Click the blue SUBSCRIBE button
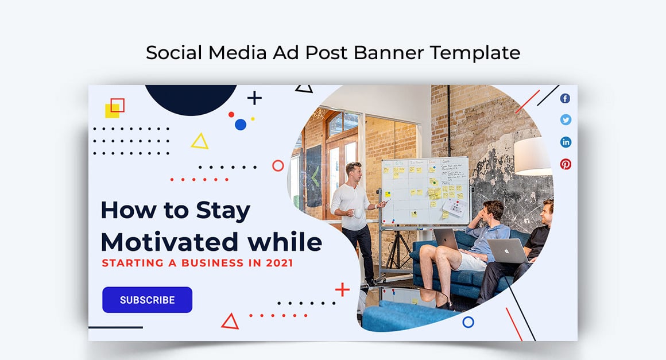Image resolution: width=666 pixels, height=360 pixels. coord(147,300)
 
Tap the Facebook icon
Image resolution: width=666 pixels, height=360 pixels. coord(566,98)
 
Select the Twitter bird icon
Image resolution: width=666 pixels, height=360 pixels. coord(566,120)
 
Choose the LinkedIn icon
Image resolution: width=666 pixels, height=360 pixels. coord(566,142)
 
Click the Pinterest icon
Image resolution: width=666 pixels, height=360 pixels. coord(566,164)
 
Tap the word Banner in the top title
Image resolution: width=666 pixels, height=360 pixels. coord(389,52)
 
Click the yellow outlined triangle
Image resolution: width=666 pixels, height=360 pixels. coord(199,141)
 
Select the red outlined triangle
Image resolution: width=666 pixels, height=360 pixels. coord(230,322)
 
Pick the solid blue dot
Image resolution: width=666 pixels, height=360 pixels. coord(241,124)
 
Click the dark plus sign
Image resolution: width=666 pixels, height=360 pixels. coord(254,98)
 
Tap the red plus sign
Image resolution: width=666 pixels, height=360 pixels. coord(342,289)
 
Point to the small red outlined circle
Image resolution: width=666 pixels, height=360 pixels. coord(278,166)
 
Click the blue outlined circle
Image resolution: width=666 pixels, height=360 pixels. coord(468,322)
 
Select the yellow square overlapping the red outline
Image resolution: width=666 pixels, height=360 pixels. coord(112,111)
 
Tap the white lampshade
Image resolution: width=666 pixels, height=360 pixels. coord(533,156)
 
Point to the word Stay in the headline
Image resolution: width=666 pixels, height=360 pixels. coord(223,210)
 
